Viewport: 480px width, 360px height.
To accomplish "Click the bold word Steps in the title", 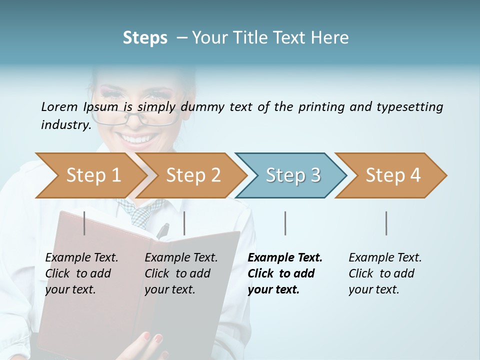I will (145, 38).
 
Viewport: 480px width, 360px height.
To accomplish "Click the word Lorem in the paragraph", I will (59, 106).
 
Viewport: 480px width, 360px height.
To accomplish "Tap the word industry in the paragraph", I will (66, 124).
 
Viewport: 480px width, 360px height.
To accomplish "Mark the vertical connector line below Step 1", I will (84, 223).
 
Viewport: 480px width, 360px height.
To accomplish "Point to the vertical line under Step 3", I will (285, 223).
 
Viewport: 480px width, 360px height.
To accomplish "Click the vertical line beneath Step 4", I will (386, 223).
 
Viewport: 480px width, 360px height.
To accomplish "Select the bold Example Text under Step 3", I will (285, 258).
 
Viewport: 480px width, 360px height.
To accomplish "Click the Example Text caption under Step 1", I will (81, 258).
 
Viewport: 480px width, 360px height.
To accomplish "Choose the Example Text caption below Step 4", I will (385, 258).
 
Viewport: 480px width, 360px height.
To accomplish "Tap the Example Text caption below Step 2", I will (181, 258).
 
